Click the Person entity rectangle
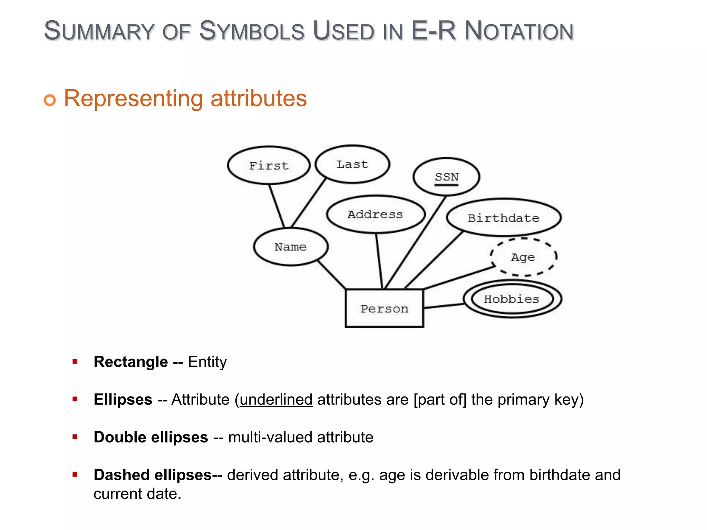(384, 308)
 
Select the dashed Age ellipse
(523, 257)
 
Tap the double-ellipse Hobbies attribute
(512, 299)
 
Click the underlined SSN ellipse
(446, 177)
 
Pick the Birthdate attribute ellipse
(503, 218)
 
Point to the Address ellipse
(375, 214)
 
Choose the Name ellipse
(290, 247)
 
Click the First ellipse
(269, 166)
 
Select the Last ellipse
(352, 164)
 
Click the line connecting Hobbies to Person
(444, 306)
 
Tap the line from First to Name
(277, 206)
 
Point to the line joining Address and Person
(379, 261)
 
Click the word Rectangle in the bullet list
(130, 362)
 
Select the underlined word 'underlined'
(276, 400)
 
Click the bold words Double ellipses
(151, 437)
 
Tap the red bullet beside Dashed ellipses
(75, 475)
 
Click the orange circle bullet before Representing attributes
(50, 100)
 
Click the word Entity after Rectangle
(207, 362)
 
